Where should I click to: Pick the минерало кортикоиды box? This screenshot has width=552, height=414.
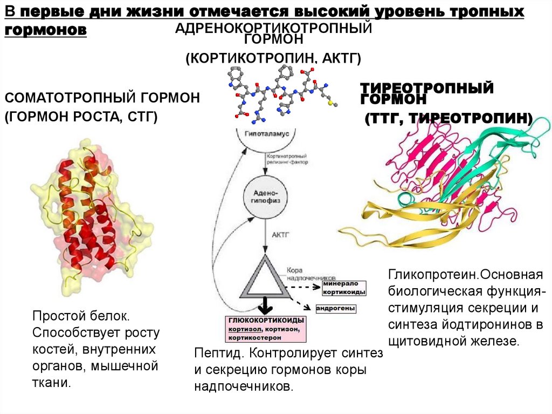pyautogui.click(x=344, y=287)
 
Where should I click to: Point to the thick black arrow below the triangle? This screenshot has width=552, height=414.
pyautogui.click(x=264, y=306)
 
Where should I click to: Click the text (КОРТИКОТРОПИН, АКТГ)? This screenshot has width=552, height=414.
pyautogui.click(x=273, y=58)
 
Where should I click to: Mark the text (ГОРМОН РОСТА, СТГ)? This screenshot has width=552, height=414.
pyautogui.click(x=81, y=117)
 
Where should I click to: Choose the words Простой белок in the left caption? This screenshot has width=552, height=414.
pyautogui.click(x=80, y=314)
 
